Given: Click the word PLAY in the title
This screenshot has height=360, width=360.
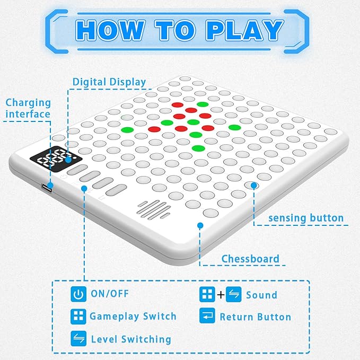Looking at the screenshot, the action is [x=245, y=30].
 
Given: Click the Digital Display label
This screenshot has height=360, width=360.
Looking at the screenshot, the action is [x=109, y=82].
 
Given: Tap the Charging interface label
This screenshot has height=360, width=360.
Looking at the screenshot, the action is [x=28, y=108].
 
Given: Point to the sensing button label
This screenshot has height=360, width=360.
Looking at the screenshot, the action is [x=306, y=218].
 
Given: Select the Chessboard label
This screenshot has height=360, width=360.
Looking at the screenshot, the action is [x=250, y=259].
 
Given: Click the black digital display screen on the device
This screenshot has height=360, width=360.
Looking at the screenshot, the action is [x=56, y=159].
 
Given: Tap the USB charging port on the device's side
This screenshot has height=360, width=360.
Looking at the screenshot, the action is [x=47, y=188].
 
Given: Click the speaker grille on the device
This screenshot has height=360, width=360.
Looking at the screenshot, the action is [x=154, y=210].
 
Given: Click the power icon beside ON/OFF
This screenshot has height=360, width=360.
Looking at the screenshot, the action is [x=78, y=294].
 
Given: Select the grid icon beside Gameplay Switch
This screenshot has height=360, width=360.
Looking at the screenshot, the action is [x=78, y=317].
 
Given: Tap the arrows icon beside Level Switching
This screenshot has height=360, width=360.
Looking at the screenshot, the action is [x=78, y=338].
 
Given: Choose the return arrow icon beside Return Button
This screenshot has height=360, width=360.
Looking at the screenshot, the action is [x=207, y=315].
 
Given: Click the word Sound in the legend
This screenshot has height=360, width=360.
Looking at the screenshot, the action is [x=261, y=295].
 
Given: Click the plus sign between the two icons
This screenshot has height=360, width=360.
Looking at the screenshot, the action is [x=221, y=295].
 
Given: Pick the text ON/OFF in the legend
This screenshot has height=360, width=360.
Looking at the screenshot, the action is [x=110, y=294].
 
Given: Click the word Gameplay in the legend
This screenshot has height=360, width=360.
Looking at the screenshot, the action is [x=114, y=317].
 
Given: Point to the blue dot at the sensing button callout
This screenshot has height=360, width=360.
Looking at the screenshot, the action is [x=254, y=185].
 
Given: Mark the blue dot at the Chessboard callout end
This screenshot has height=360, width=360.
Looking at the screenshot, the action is [x=200, y=225].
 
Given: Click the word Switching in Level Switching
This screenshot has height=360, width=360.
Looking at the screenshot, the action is [x=146, y=339].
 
